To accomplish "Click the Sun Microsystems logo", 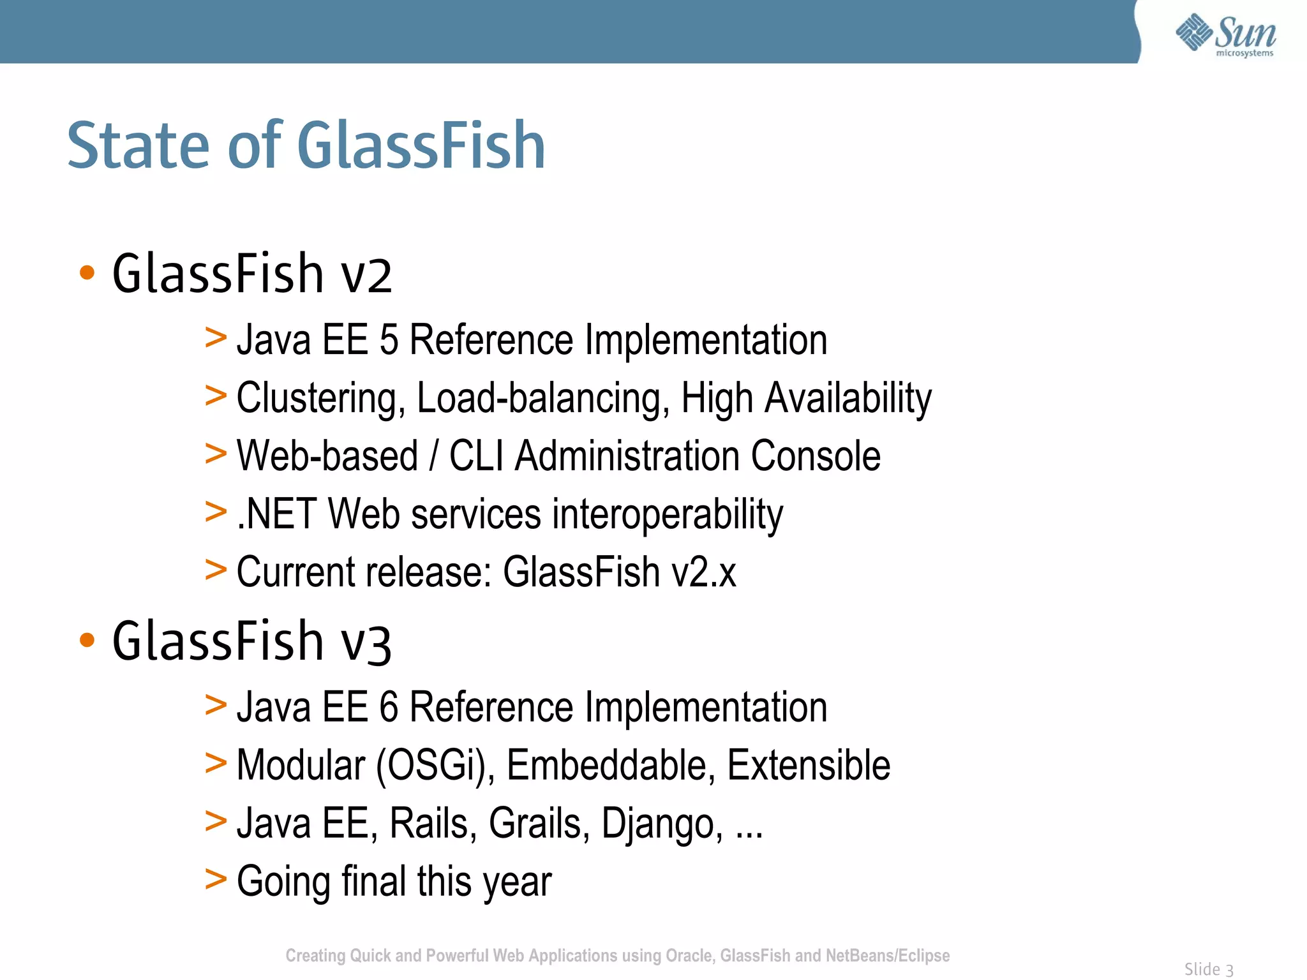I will [1225, 35].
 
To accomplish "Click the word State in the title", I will [138, 147].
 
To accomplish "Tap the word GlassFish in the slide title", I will [421, 147].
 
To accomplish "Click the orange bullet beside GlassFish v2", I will [87, 273].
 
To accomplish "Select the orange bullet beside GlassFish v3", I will [87, 640].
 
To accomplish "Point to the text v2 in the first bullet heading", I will [367, 276].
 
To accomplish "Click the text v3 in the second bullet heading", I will [366, 643].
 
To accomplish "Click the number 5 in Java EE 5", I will [389, 339].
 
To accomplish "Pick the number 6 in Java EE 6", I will [389, 707].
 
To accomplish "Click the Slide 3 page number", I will [1209, 969].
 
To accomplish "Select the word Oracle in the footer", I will [689, 956].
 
